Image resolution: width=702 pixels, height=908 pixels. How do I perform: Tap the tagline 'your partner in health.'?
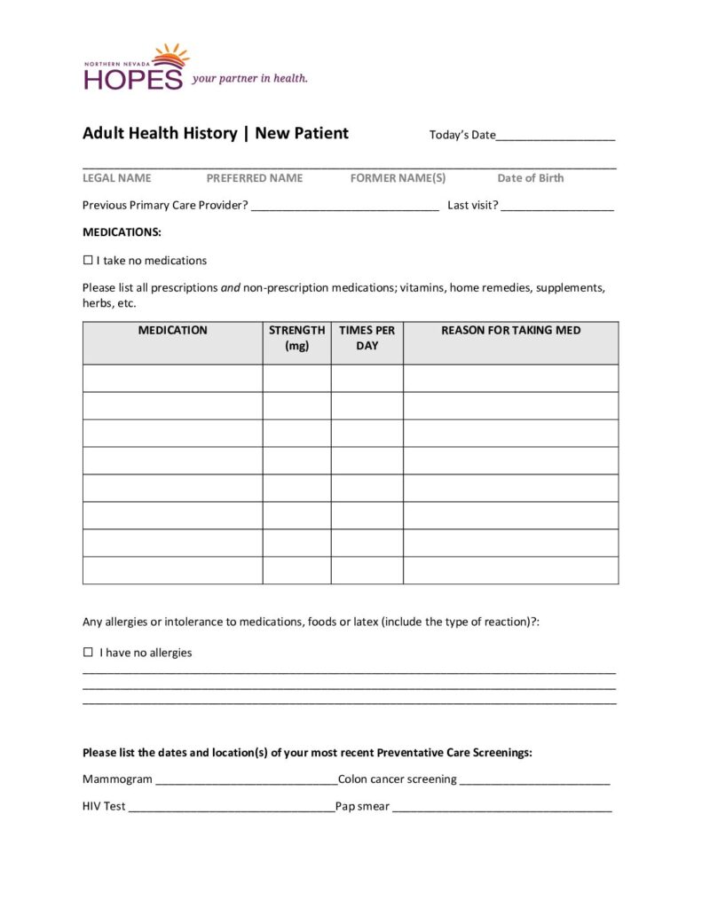click(x=250, y=78)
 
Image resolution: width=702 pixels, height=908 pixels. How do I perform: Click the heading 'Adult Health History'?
click(x=159, y=134)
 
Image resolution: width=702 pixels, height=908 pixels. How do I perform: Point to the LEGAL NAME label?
click(x=116, y=178)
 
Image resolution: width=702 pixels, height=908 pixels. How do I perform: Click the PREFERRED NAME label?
click(x=255, y=178)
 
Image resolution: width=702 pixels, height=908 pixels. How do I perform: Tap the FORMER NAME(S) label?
click(x=398, y=178)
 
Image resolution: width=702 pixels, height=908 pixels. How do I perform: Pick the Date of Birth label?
click(x=531, y=178)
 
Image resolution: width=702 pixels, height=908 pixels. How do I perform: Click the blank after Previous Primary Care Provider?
click(x=345, y=207)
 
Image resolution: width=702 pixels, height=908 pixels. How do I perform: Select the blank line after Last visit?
click(x=557, y=207)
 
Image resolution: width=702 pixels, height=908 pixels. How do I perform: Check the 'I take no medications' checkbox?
click(x=88, y=261)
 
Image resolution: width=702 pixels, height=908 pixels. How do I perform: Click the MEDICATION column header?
click(x=172, y=331)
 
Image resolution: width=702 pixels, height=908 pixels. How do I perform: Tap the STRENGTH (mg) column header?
click(x=296, y=338)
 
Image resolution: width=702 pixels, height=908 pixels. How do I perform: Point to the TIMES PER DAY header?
click(x=367, y=338)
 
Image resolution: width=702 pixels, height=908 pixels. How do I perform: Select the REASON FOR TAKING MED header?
click(x=510, y=331)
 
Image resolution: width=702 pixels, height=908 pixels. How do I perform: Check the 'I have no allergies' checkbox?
click(x=88, y=653)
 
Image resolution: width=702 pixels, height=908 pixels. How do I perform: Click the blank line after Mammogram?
click(x=246, y=782)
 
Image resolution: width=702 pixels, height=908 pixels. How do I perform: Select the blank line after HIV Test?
click(x=231, y=810)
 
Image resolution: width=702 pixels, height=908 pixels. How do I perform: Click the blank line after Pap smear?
click(x=501, y=810)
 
